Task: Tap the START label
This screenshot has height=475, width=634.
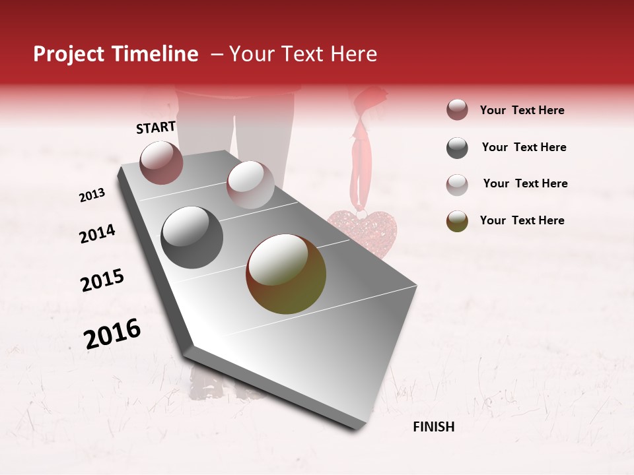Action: click(x=156, y=127)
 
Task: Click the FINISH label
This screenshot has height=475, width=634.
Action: click(x=433, y=427)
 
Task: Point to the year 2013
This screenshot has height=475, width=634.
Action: click(x=92, y=195)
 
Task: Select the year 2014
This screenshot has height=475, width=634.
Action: click(x=97, y=234)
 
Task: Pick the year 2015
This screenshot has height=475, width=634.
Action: click(x=102, y=280)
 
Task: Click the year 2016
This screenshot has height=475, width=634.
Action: click(x=112, y=334)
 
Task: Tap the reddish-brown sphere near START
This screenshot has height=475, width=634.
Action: click(x=161, y=162)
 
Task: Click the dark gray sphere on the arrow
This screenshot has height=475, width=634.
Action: click(x=192, y=237)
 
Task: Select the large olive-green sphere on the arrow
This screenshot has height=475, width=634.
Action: click(x=286, y=274)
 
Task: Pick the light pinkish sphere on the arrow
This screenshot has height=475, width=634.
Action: click(x=250, y=185)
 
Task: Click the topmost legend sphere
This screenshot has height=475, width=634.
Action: click(x=457, y=110)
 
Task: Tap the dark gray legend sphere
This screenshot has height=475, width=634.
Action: click(x=457, y=148)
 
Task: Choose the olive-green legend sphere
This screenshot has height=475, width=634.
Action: click(x=457, y=221)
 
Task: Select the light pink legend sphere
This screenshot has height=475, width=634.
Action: click(x=457, y=184)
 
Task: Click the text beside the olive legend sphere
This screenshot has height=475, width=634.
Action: click(x=522, y=220)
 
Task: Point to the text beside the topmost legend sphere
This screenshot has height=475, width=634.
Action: click(x=522, y=110)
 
